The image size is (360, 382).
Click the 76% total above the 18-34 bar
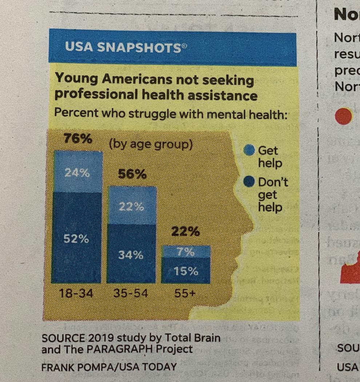pos(78,139)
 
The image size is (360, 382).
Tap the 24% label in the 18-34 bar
pos(77,173)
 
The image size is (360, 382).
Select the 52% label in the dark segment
pos(76,239)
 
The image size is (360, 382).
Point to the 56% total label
pos(132,175)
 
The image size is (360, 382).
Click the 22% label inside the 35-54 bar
pos(131,207)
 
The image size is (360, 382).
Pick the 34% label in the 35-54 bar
pos(131,255)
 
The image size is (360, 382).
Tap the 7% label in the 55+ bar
pos(186,252)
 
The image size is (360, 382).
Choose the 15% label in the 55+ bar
pos(185,271)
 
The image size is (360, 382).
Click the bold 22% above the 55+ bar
pos(185,231)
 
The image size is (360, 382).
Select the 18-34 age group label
pos(76,293)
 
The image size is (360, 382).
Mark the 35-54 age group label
pos(131,293)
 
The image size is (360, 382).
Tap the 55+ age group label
pos(185,293)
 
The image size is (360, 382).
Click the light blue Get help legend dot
pos(249,150)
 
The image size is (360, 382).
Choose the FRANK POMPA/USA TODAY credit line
pos(109,366)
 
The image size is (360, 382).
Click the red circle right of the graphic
pos(343,116)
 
